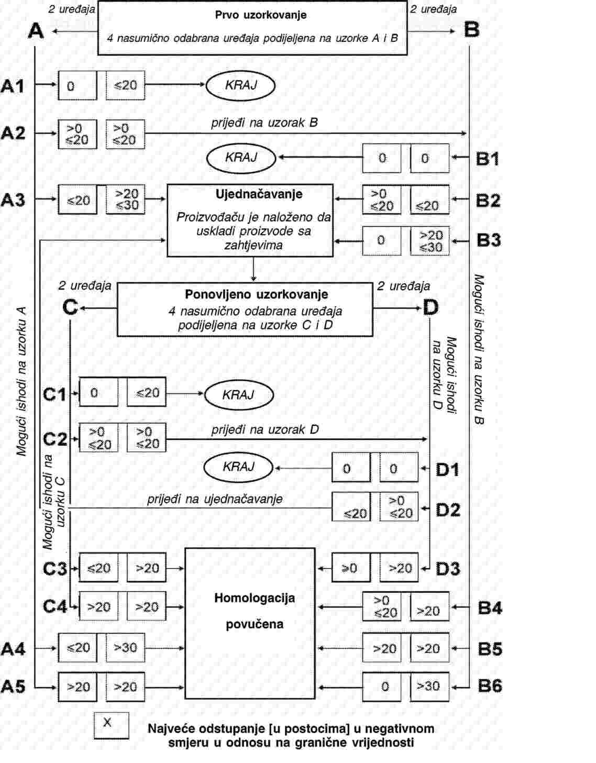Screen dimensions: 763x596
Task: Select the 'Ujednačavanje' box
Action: click(250, 220)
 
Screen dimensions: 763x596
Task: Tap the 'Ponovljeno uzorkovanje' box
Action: click(245, 309)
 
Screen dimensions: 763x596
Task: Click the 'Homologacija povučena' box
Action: click(250, 623)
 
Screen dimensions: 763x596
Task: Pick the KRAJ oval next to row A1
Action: click(240, 85)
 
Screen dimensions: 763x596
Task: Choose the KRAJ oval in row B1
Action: click(240, 158)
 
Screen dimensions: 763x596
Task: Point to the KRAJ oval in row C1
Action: click(238, 395)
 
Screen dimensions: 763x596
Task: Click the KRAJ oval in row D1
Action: click(238, 467)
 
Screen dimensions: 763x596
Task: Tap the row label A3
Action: click(13, 200)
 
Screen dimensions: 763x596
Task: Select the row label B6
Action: click(490, 685)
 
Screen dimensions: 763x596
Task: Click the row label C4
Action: click(55, 606)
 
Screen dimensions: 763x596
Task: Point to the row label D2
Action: click(448, 509)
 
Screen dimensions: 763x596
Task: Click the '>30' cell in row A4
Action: click(125, 648)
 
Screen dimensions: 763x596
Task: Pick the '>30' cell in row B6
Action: click(429, 686)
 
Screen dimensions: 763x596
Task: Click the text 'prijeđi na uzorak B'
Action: click(264, 123)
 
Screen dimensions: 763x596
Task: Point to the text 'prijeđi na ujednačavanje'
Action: click(215, 499)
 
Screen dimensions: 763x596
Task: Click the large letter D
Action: click(430, 307)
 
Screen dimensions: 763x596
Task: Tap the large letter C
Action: click(70, 307)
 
